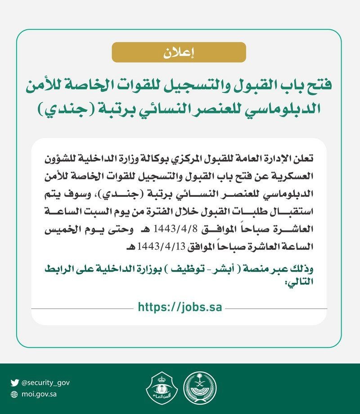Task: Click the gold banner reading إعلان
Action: [179, 52]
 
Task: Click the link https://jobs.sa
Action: [180, 308]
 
